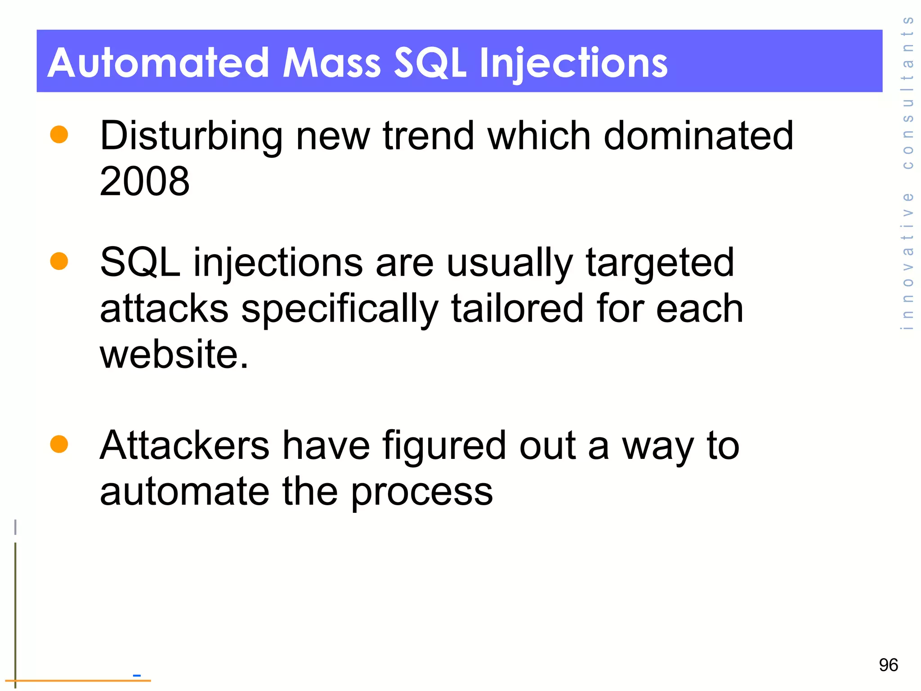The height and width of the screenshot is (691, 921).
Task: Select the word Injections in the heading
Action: (x=573, y=63)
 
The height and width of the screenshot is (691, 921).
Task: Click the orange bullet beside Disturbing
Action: (x=59, y=135)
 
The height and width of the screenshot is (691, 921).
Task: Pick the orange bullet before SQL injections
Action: (x=59, y=261)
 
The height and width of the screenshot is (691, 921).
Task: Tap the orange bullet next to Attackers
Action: (x=59, y=444)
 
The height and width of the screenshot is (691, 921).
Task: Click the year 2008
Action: (x=144, y=181)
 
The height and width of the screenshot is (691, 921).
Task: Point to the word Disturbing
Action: (x=191, y=136)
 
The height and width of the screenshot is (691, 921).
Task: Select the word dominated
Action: (x=698, y=136)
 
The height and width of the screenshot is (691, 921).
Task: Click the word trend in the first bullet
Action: (x=428, y=136)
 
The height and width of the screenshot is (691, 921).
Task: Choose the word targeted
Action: (x=660, y=263)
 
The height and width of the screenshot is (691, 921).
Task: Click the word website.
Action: (x=174, y=354)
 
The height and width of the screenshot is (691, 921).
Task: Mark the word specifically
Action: (x=340, y=310)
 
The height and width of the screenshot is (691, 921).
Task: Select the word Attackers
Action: (x=184, y=446)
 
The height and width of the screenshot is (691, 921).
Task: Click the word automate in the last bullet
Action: (x=184, y=492)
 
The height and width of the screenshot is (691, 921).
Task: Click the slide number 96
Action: (x=888, y=665)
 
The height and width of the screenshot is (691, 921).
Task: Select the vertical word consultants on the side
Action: (x=908, y=92)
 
